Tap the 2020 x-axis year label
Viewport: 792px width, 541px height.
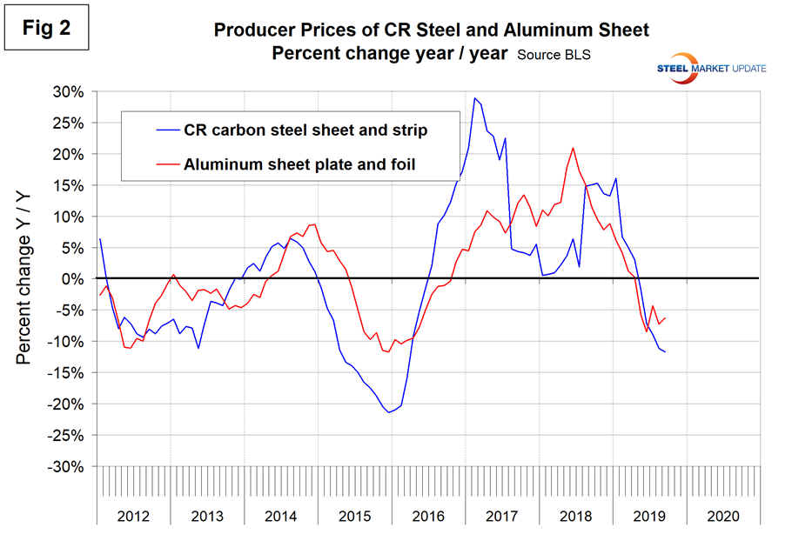point(722,516)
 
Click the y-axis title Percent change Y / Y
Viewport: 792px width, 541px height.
point(26,278)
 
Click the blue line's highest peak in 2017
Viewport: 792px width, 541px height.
point(474,98)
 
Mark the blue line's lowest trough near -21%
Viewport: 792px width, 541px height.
point(389,411)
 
